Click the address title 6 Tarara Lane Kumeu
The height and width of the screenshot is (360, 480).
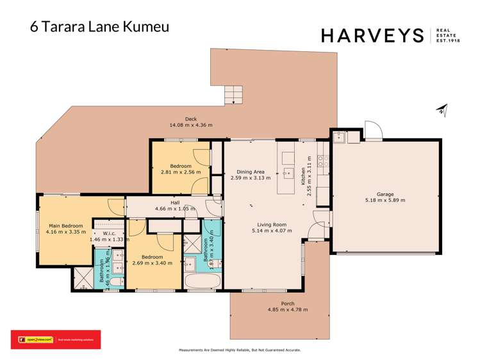pos(100,28)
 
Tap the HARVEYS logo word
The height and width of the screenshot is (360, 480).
pos(372,35)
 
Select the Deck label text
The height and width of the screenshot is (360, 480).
pos(190,119)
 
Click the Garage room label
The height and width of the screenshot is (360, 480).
pos(385,194)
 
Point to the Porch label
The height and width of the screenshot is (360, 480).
pos(288,304)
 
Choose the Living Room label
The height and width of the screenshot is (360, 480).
pos(269,224)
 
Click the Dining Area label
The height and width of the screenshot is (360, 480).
pos(251,172)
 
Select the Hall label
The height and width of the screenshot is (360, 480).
pos(175,202)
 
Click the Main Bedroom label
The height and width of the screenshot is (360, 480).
pos(66,225)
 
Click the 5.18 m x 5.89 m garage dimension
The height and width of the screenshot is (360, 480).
pos(385,200)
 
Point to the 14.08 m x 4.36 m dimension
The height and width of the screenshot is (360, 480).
pos(190,125)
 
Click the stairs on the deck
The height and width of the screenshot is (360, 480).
pos(234,95)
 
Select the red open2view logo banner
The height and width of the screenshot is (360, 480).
pos(55,340)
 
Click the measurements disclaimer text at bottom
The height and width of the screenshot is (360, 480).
pos(239,350)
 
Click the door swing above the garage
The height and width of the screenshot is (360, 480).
pos(373,130)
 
